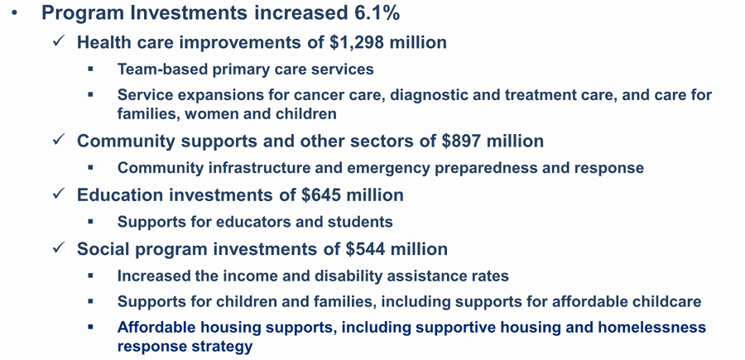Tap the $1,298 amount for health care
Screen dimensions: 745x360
tap(358, 42)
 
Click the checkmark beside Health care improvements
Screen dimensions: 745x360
tap(59, 41)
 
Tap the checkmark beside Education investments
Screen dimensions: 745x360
tap(59, 194)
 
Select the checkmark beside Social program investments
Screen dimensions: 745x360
tap(59, 248)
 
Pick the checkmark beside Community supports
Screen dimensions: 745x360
tap(59, 140)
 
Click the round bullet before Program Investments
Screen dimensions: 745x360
tap(15, 12)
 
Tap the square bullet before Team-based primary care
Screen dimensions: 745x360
tap(91, 70)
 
